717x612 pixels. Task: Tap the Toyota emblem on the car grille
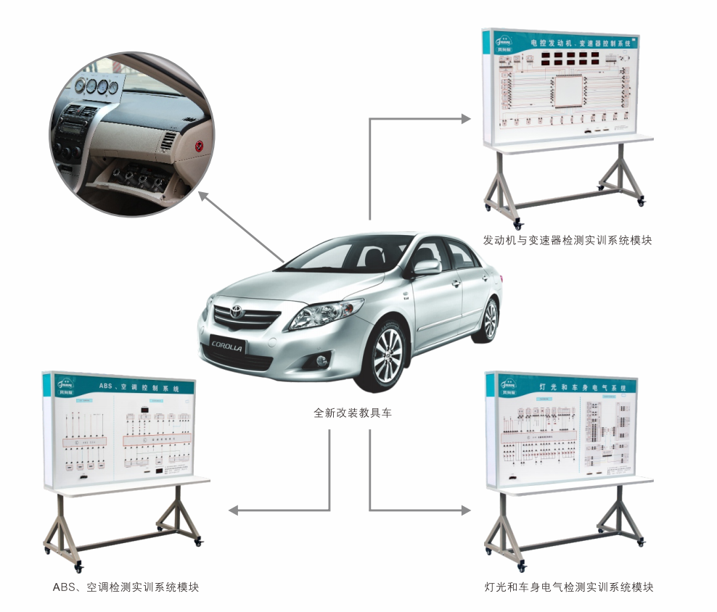click(x=234, y=313)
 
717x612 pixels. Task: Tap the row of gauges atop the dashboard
click(x=95, y=88)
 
